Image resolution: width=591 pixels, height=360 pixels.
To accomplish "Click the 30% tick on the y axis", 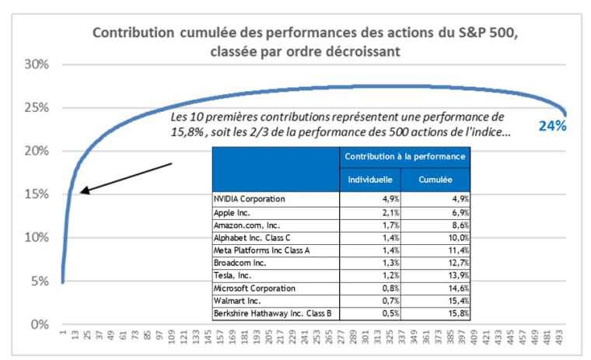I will pyautogui.click(x=36, y=64).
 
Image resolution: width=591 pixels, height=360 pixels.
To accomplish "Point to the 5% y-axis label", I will pyautogui.click(x=39, y=281).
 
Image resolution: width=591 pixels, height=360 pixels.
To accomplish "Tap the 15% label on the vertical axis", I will pyautogui.click(x=36, y=194).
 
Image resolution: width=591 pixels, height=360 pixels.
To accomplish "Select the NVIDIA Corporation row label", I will pyautogui.click(x=249, y=199).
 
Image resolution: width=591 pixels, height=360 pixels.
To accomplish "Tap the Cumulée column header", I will pyautogui.click(x=435, y=178).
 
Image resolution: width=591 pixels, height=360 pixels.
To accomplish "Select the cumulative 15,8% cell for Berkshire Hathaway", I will pyautogui.click(x=457, y=313).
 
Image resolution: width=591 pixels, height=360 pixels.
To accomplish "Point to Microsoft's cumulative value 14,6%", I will pyautogui.click(x=457, y=288).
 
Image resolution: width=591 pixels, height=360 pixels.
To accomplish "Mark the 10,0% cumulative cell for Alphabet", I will pyautogui.click(x=457, y=237).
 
